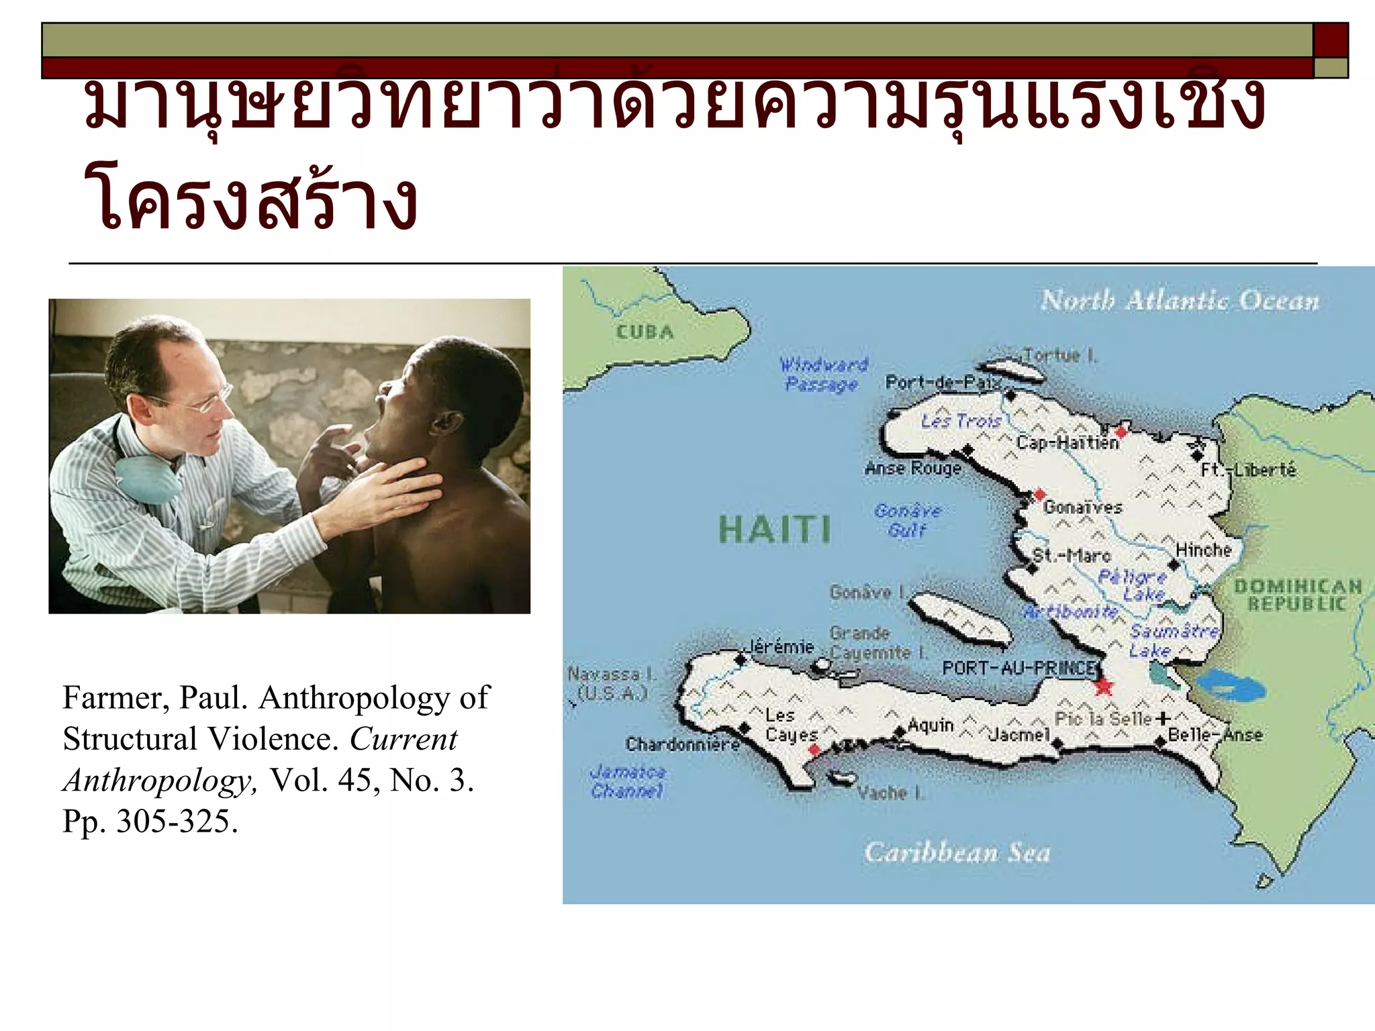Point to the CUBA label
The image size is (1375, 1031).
pyautogui.click(x=645, y=332)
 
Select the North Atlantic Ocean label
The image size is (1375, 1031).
pyautogui.click(x=1180, y=300)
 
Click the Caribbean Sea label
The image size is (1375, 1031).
pyautogui.click(x=957, y=852)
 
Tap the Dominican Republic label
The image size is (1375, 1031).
pyautogui.click(x=1297, y=595)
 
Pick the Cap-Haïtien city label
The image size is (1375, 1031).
pyautogui.click(x=1068, y=442)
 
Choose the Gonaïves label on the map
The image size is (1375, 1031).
pyautogui.click(x=1082, y=507)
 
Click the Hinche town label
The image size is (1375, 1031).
pyautogui.click(x=1203, y=550)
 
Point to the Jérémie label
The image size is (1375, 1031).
pyautogui.click(x=781, y=646)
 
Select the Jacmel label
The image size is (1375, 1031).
pyautogui.click(x=1019, y=735)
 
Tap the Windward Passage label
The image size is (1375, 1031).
pyautogui.click(x=823, y=375)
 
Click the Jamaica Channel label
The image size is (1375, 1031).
pyautogui.click(x=628, y=782)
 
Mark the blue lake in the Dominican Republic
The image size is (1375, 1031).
pyautogui.click(x=1230, y=685)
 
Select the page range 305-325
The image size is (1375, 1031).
pyautogui.click(x=177, y=821)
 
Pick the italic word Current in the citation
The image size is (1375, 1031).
pyautogui.click(x=404, y=739)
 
